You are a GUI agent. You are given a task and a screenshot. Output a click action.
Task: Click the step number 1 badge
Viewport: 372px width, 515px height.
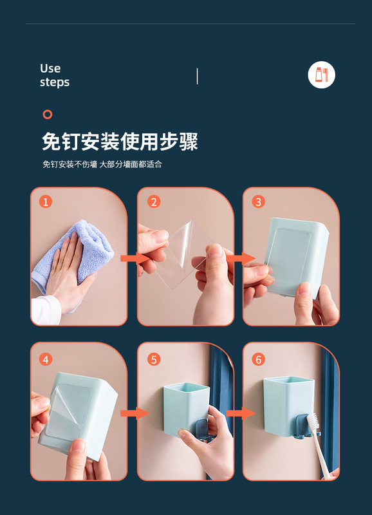[46, 201]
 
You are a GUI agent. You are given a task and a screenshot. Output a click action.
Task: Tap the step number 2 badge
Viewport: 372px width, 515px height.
[154, 201]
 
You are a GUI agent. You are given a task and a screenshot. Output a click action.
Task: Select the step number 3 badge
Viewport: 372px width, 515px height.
[258, 201]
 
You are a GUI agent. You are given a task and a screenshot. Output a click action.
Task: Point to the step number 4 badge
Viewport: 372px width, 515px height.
[46, 359]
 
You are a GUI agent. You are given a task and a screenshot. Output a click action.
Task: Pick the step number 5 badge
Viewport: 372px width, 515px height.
[154, 359]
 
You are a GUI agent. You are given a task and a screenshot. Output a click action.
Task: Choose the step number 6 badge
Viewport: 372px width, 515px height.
[258, 359]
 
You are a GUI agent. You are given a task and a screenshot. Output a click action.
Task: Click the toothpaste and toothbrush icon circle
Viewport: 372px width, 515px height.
[321, 75]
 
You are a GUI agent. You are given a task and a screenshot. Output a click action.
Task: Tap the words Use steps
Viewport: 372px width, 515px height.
[55, 75]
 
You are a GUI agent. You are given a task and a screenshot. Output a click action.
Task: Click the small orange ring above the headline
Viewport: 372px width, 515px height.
[48, 115]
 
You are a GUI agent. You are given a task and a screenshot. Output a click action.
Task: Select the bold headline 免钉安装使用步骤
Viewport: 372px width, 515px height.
[120, 142]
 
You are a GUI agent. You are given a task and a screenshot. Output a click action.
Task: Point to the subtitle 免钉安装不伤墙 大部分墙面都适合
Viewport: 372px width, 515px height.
[102, 164]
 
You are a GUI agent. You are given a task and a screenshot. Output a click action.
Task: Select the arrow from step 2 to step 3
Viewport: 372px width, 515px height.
[241, 259]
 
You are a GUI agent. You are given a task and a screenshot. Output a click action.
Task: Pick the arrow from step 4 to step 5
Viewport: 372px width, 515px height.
[135, 413]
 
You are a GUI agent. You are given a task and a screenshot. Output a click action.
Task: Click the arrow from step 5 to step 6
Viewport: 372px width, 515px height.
[241, 413]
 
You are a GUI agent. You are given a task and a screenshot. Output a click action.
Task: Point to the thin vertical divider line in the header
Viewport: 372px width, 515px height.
[198, 76]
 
